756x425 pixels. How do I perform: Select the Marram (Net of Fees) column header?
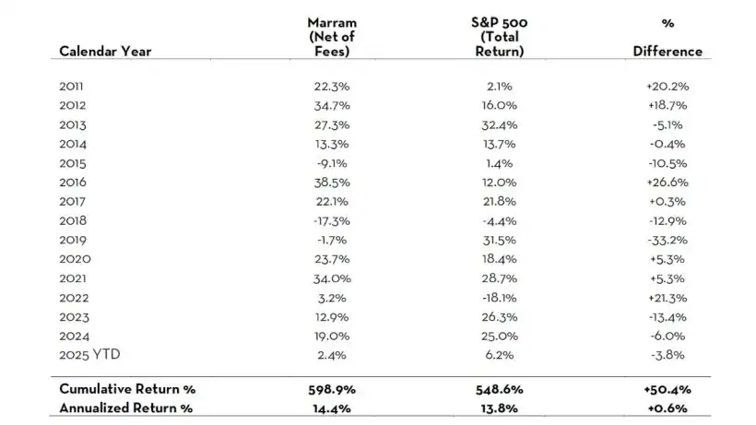coord(331,36)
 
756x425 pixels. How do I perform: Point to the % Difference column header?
coord(667,37)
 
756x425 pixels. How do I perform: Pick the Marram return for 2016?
coord(331,183)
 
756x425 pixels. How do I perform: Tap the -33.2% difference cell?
coord(667,241)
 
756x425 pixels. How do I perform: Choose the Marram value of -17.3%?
coord(331,221)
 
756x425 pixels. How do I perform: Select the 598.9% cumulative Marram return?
coord(331,389)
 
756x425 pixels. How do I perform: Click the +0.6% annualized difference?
coord(667,407)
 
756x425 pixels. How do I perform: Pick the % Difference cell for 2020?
coord(667,260)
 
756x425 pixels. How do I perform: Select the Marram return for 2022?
coord(331,299)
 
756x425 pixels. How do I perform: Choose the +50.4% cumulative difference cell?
coord(667,389)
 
